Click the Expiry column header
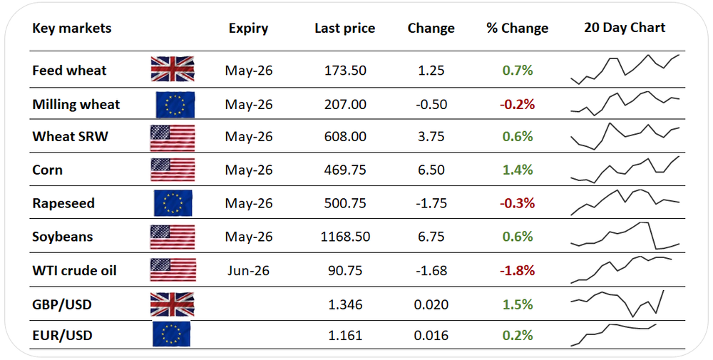(248, 29)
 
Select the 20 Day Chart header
(625, 29)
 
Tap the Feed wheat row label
(69, 71)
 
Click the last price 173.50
(345, 71)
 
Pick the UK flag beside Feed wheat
(173, 69)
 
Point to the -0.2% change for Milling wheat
(517, 105)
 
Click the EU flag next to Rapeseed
(173, 203)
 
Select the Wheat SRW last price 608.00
(345, 137)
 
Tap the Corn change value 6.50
(431, 170)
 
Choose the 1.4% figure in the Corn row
(518, 170)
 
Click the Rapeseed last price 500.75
(345, 203)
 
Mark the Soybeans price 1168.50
(345, 237)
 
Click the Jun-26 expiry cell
(248, 271)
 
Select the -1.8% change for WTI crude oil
(517, 271)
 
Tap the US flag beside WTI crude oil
(173, 270)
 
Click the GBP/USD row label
(62, 304)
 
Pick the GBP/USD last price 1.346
(345, 304)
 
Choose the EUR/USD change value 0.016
(431, 336)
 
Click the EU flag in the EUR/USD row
(171, 334)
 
